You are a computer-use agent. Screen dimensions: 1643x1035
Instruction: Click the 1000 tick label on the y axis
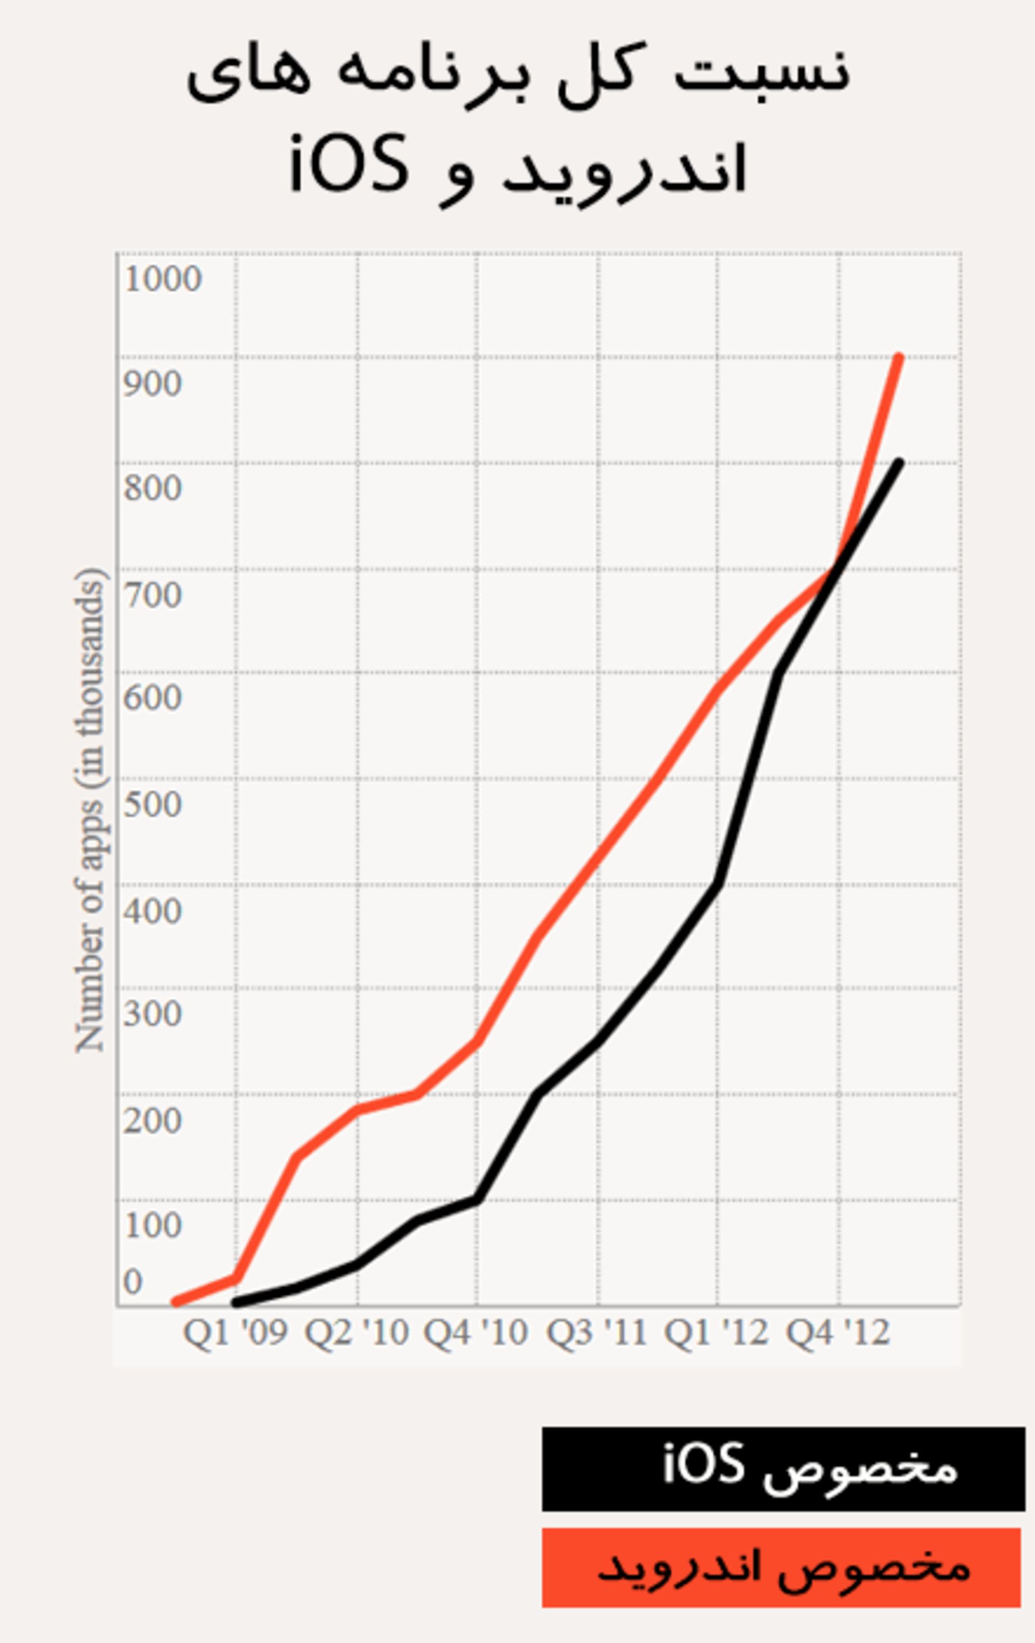[x=163, y=279]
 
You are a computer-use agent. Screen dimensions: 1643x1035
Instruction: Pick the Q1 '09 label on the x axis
[x=236, y=1333]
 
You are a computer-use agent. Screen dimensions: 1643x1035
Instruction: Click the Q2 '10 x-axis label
[x=356, y=1333]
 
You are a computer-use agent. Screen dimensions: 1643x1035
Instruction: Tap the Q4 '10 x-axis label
[x=476, y=1333]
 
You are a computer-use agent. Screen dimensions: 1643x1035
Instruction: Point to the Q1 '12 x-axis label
[x=716, y=1333]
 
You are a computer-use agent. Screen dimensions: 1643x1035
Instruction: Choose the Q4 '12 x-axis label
[x=838, y=1333]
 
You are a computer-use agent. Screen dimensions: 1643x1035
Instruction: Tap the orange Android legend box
[x=781, y=1568]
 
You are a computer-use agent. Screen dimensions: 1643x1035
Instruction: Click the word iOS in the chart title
[x=349, y=164]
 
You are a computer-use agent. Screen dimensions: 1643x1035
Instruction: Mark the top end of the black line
[x=899, y=463]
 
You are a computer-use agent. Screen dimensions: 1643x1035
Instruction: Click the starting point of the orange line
[x=175, y=1302]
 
